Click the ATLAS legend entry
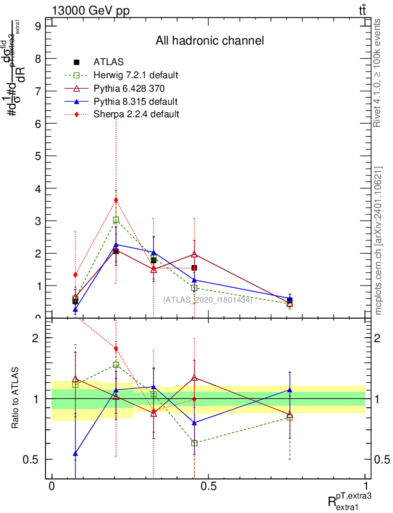click(x=108, y=62)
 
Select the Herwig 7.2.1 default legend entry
click(x=135, y=75)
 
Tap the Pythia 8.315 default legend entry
click(x=135, y=101)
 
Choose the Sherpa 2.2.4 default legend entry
click(x=136, y=114)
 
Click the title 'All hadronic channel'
click(x=209, y=41)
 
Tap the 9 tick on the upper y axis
click(x=37, y=26)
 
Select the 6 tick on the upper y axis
click(x=37, y=123)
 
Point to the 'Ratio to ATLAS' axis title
click(x=15, y=399)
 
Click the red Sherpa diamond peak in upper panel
click(x=116, y=200)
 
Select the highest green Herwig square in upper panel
click(x=116, y=220)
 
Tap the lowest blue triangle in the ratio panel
click(x=75, y=453)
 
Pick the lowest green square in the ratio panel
click(x=194, y=443)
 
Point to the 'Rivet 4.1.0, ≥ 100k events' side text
click(x=378, y=73)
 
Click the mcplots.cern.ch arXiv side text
click(x=378, y=240)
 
